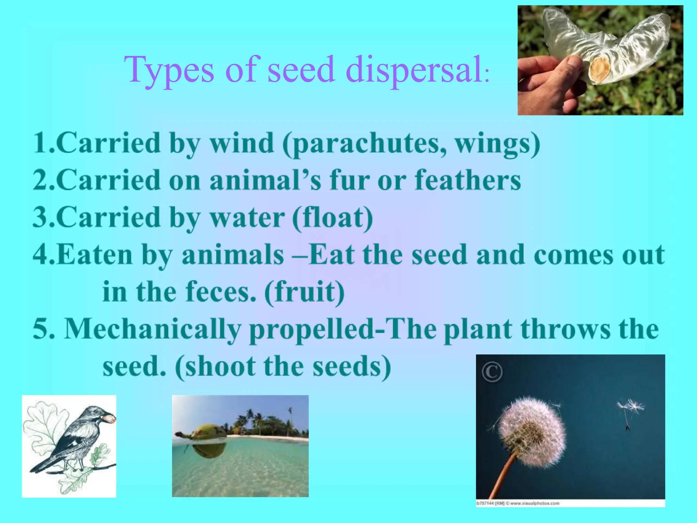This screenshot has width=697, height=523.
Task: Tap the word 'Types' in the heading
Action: tap(169, 70)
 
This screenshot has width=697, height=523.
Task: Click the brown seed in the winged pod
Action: tap(599, 70)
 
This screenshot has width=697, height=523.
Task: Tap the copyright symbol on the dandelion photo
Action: tap(492, 372)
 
